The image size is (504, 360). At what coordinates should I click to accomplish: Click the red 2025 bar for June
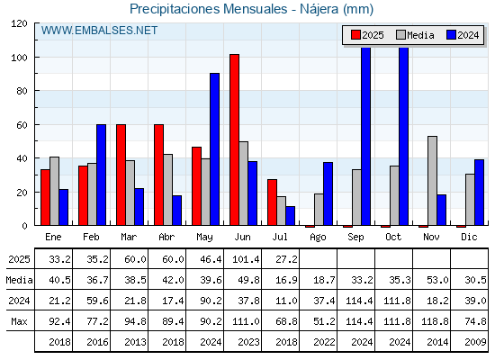point(234,139)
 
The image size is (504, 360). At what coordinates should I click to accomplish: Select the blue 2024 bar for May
point(215,149)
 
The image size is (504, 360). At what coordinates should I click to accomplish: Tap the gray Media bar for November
point(432,181)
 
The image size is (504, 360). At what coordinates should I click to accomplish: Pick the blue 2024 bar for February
point(101,175)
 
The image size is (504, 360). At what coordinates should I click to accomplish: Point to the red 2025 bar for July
point(272,202)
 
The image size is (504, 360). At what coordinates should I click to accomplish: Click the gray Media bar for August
point(319,210)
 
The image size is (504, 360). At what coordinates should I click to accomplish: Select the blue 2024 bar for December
point(479,193)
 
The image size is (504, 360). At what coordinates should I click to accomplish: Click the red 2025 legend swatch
point(355,35)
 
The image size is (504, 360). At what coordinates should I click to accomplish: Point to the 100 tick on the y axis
point(36,58)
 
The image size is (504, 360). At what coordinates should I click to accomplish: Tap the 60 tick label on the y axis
point(22,125)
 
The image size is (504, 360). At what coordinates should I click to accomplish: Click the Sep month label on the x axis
point(355,238)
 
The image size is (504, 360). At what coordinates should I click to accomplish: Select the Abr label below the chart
point(166,238)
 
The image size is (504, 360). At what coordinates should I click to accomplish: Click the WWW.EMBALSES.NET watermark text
point(99,31)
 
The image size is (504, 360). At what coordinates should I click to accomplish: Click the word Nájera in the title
point(319,9)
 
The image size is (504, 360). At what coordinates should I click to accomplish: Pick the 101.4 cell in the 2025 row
point(246,259)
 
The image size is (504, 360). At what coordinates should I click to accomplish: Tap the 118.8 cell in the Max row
point(435,321)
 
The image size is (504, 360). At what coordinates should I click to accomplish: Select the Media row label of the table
point(19,280)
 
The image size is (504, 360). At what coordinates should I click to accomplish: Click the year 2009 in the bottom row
point(475,342)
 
